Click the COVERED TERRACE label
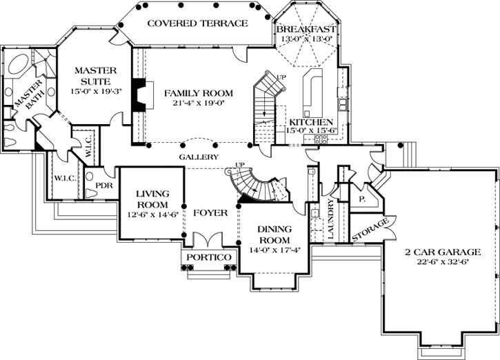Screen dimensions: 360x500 (x=197, y=23)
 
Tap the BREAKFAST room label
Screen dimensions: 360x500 (x=306, y=29)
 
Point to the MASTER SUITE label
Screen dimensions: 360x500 (x=96, y=76)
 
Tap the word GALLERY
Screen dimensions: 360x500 (x=199, y=157)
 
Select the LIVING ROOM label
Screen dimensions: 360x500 (x=152, y=200)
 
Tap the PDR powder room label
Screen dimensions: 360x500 (x=104, y=186)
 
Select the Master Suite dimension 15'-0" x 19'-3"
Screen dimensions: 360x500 (x=96, y=90)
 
